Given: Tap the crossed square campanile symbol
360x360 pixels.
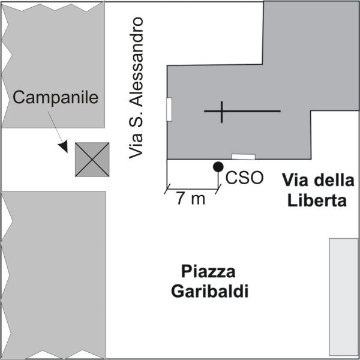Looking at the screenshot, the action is (x=92, y=160).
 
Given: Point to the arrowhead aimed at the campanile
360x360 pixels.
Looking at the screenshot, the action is (x=62, y=148).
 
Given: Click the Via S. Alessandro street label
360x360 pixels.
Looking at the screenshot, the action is (x=138, y=88).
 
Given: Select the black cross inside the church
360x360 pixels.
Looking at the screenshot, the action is (x=222, y=112).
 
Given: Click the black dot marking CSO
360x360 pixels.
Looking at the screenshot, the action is (x=218, y=166).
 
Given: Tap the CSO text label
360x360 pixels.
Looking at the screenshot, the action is (x=244, y=178).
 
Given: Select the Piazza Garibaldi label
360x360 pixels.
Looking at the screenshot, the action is (x=209, y=280).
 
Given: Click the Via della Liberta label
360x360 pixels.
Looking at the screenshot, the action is (x=314, y=190).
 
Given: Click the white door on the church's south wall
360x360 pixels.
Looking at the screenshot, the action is (x=243, y=157).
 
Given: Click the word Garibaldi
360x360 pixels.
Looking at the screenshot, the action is (x=209, y=292).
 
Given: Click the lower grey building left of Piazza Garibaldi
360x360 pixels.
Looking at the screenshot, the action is (x=57, y=274).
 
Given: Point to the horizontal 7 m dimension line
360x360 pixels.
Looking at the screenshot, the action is (x=193, y=187).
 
